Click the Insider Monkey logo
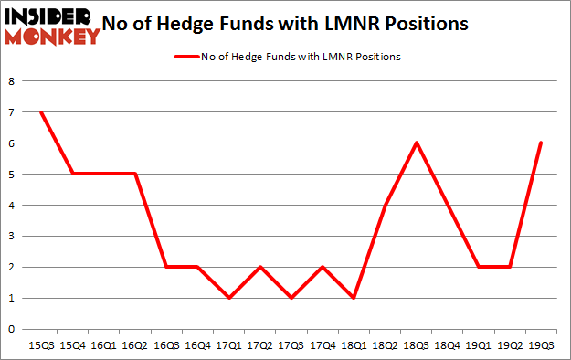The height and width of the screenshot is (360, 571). (51, 25)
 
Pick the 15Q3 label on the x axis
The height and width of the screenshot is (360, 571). (40, 344)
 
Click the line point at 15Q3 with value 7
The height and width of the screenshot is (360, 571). (40, 112)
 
